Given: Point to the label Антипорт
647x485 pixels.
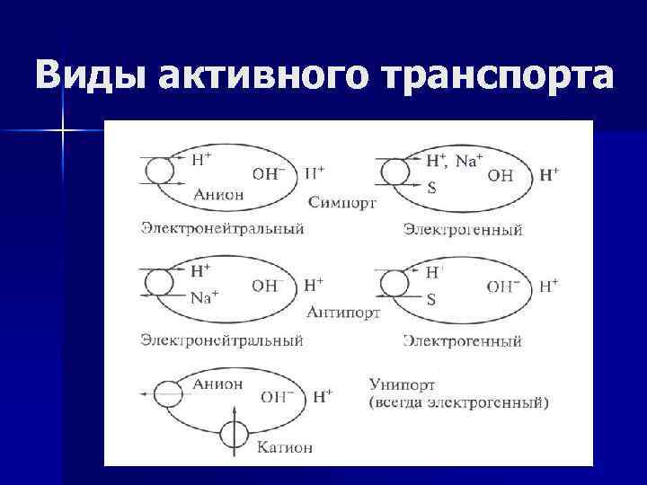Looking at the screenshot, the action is pos(342,313).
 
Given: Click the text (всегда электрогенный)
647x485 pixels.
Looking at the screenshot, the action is pos(456,402).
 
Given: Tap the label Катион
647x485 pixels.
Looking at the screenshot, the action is pos(285,445).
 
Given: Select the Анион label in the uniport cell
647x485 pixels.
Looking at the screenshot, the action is pos(217,384).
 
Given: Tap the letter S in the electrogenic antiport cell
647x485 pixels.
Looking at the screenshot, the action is pos(431,300).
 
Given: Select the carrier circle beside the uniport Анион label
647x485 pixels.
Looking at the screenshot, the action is pos(167,393).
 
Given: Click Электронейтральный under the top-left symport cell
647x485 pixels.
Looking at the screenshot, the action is pos(221,228).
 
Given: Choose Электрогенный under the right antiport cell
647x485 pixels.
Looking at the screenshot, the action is pos(463,341).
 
